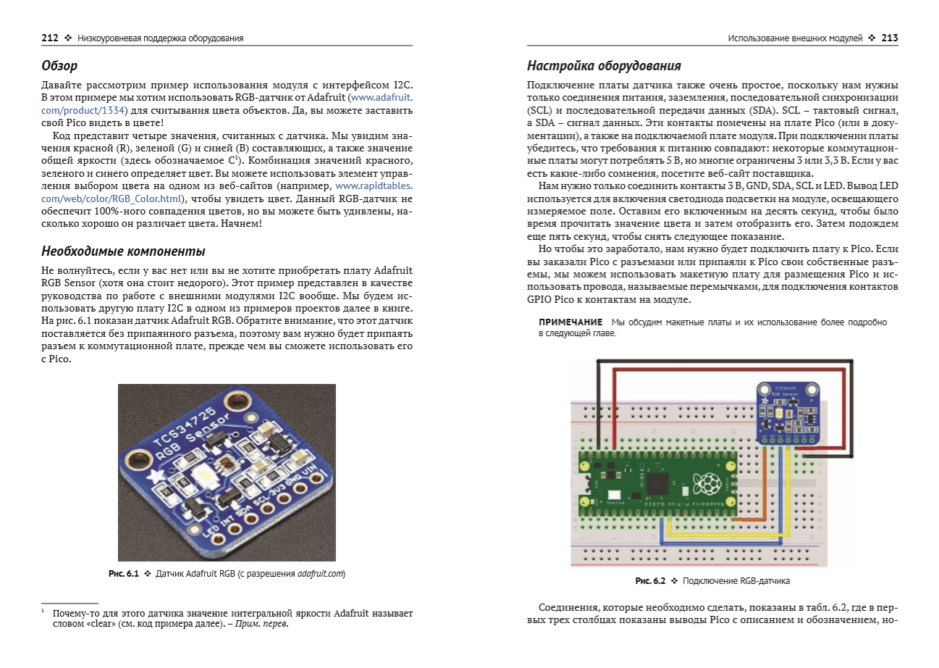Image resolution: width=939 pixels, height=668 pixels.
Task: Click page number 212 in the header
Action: pyautogui.click(x=49, y=38)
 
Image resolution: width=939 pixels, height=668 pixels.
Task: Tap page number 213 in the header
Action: pyautogui.click(x=890, y=38)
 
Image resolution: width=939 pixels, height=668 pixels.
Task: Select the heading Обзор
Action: pyautogui.click(x=59, y=66)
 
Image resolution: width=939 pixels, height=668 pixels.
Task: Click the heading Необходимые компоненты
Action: pyautogui.click(x=123, y=251)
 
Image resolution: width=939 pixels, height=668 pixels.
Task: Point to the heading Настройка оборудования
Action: pyautogui.click(x=604, y=66)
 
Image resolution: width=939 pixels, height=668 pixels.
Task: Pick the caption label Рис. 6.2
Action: pyautogui.click(x=650, y=581)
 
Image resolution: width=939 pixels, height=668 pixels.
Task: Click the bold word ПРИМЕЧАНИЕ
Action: pyautogui.click(x=570, y=322)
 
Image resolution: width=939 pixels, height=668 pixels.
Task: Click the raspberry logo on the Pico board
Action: pyautogui.click(x=707, y=484)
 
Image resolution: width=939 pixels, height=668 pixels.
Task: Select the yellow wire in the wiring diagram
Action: pyautogui.click(x=724, y=535)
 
